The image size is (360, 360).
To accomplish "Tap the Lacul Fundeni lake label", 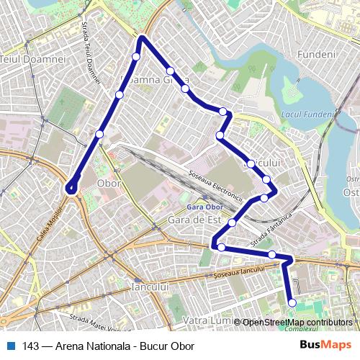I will [x=306, y=114].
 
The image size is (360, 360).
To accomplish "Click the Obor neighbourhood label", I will [x=108, y=184].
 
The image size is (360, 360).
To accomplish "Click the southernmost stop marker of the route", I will [x=292, y=303].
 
